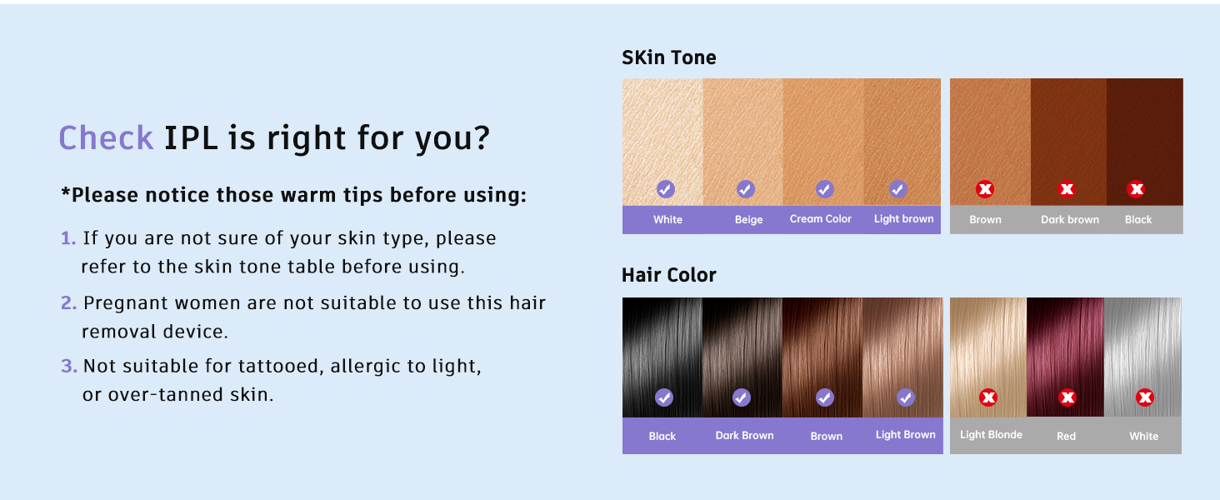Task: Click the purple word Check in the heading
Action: [106, 137]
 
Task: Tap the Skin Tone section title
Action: [669, 57]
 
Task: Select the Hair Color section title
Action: [669, 275]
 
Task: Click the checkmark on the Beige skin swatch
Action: [746, 189]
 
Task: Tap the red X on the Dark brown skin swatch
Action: [1067, 189]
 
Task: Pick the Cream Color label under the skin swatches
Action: [820, 218]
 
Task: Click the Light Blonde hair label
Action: [991, 434]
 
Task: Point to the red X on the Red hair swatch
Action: [1067, 397]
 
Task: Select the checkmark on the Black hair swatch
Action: [664, 397]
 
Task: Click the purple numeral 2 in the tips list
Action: [68, 302]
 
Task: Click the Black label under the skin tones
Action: [1138, 219]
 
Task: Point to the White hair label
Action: [1143, 436]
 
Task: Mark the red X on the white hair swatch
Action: [1145, 397]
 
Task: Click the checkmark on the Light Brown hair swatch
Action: [906, 397]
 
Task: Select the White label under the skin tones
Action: [667, 219]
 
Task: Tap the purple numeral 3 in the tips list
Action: [68, 366]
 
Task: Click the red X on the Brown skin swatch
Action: [985, 189]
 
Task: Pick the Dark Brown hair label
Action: [744, 435]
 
